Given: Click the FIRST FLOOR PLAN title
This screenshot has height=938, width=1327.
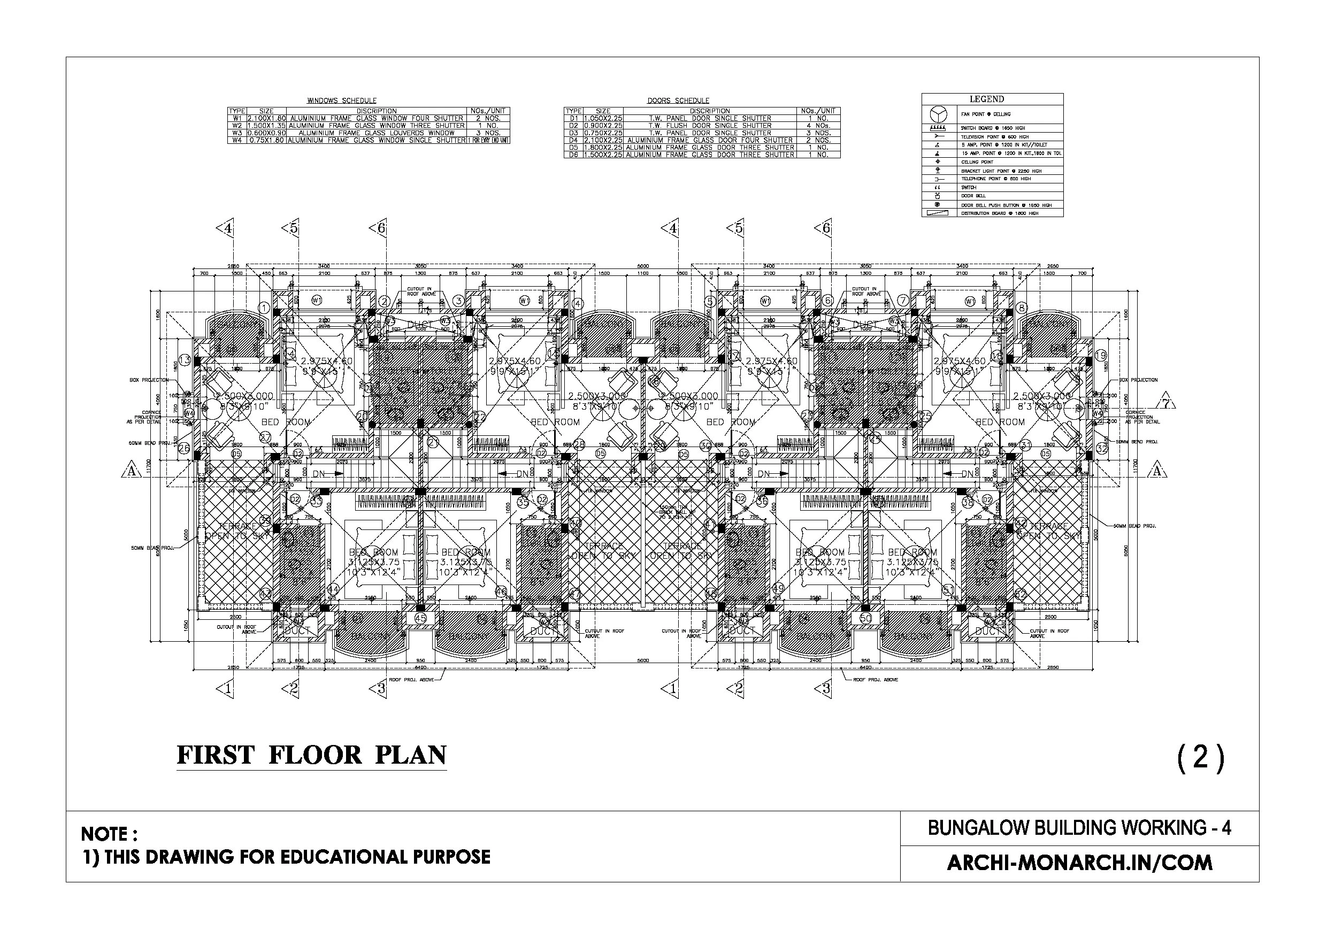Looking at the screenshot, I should pyautogui.click(x=311, y=755).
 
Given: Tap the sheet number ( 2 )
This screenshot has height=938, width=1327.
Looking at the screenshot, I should pyautogui.click(x=1200, y=757).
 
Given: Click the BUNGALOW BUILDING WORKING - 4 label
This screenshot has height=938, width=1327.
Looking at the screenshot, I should pyautogui.click(x=1079, y=828).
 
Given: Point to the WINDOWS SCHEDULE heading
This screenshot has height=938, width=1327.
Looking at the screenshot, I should pyautogui.click(x=342, y=101).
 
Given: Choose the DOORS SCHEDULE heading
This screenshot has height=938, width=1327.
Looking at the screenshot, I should pyautogui.click(x=678, y=101).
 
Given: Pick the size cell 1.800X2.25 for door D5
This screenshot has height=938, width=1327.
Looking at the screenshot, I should pyautogui.click(x=603, y=148).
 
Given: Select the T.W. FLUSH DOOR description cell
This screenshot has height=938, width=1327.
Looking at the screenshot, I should pyautogui.click(x=710, y=126).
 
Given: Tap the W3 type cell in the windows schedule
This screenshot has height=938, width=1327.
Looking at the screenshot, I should pyautogui.click(x=237, y=133).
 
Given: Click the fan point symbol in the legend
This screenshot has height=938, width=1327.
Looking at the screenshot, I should pyautogui.click(x=934, y=114).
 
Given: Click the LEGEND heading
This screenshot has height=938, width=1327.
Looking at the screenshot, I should pyautogui.click(x=987, y=99).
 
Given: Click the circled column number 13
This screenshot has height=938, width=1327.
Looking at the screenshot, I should pyautogui.click(x=185, y=360).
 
